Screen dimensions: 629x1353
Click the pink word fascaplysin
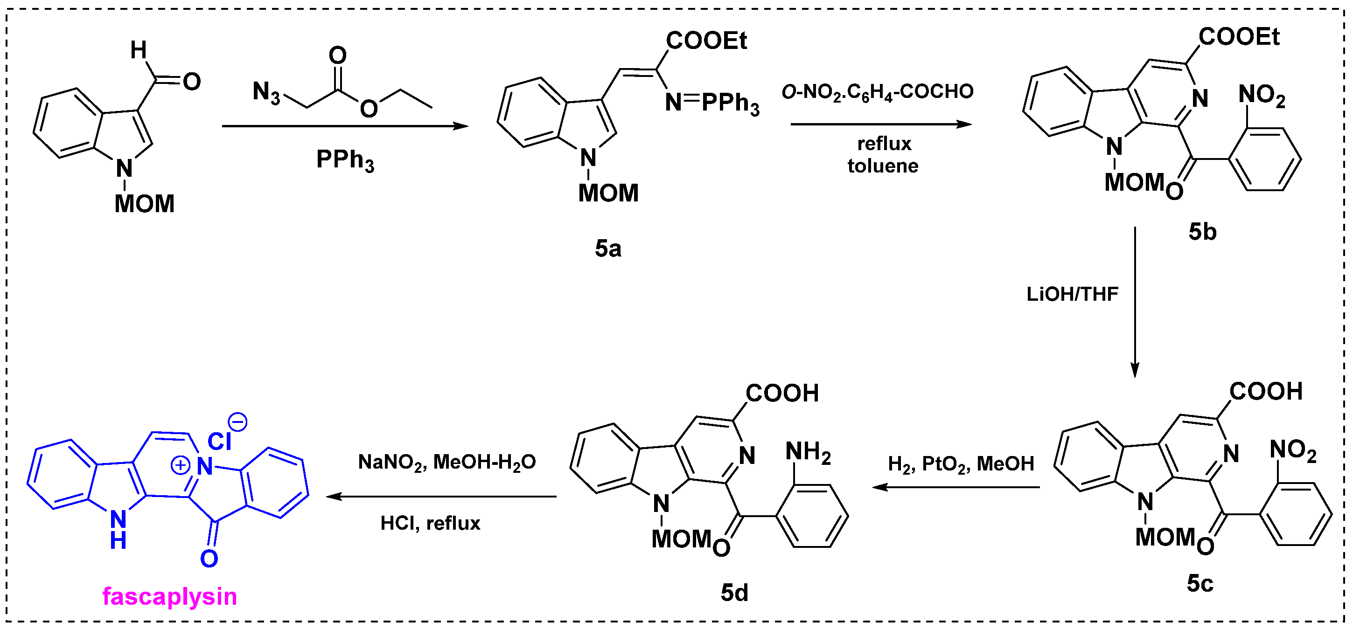click(170, 597)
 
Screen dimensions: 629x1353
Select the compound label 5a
click(608, 249)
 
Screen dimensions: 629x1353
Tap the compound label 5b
click(1202, 232)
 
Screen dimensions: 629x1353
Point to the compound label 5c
click(1200, 583)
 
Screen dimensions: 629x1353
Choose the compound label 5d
click(734, 593)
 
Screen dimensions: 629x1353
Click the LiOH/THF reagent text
click(1072, 295)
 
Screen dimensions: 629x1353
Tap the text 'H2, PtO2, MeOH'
click(961, 464)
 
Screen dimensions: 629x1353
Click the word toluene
click(882, 166)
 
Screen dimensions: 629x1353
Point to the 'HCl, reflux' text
click(430, 524)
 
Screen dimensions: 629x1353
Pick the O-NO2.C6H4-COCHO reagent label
click(877, 92)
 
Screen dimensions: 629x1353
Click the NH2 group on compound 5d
click(807, 453)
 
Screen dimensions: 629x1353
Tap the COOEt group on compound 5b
click(1239, 37)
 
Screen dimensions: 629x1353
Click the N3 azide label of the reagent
click(266, 92)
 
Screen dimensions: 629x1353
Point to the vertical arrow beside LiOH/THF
click(1135, 302)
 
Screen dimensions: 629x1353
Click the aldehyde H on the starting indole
click(138, 50)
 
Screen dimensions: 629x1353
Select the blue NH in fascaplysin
click(119, 529)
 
